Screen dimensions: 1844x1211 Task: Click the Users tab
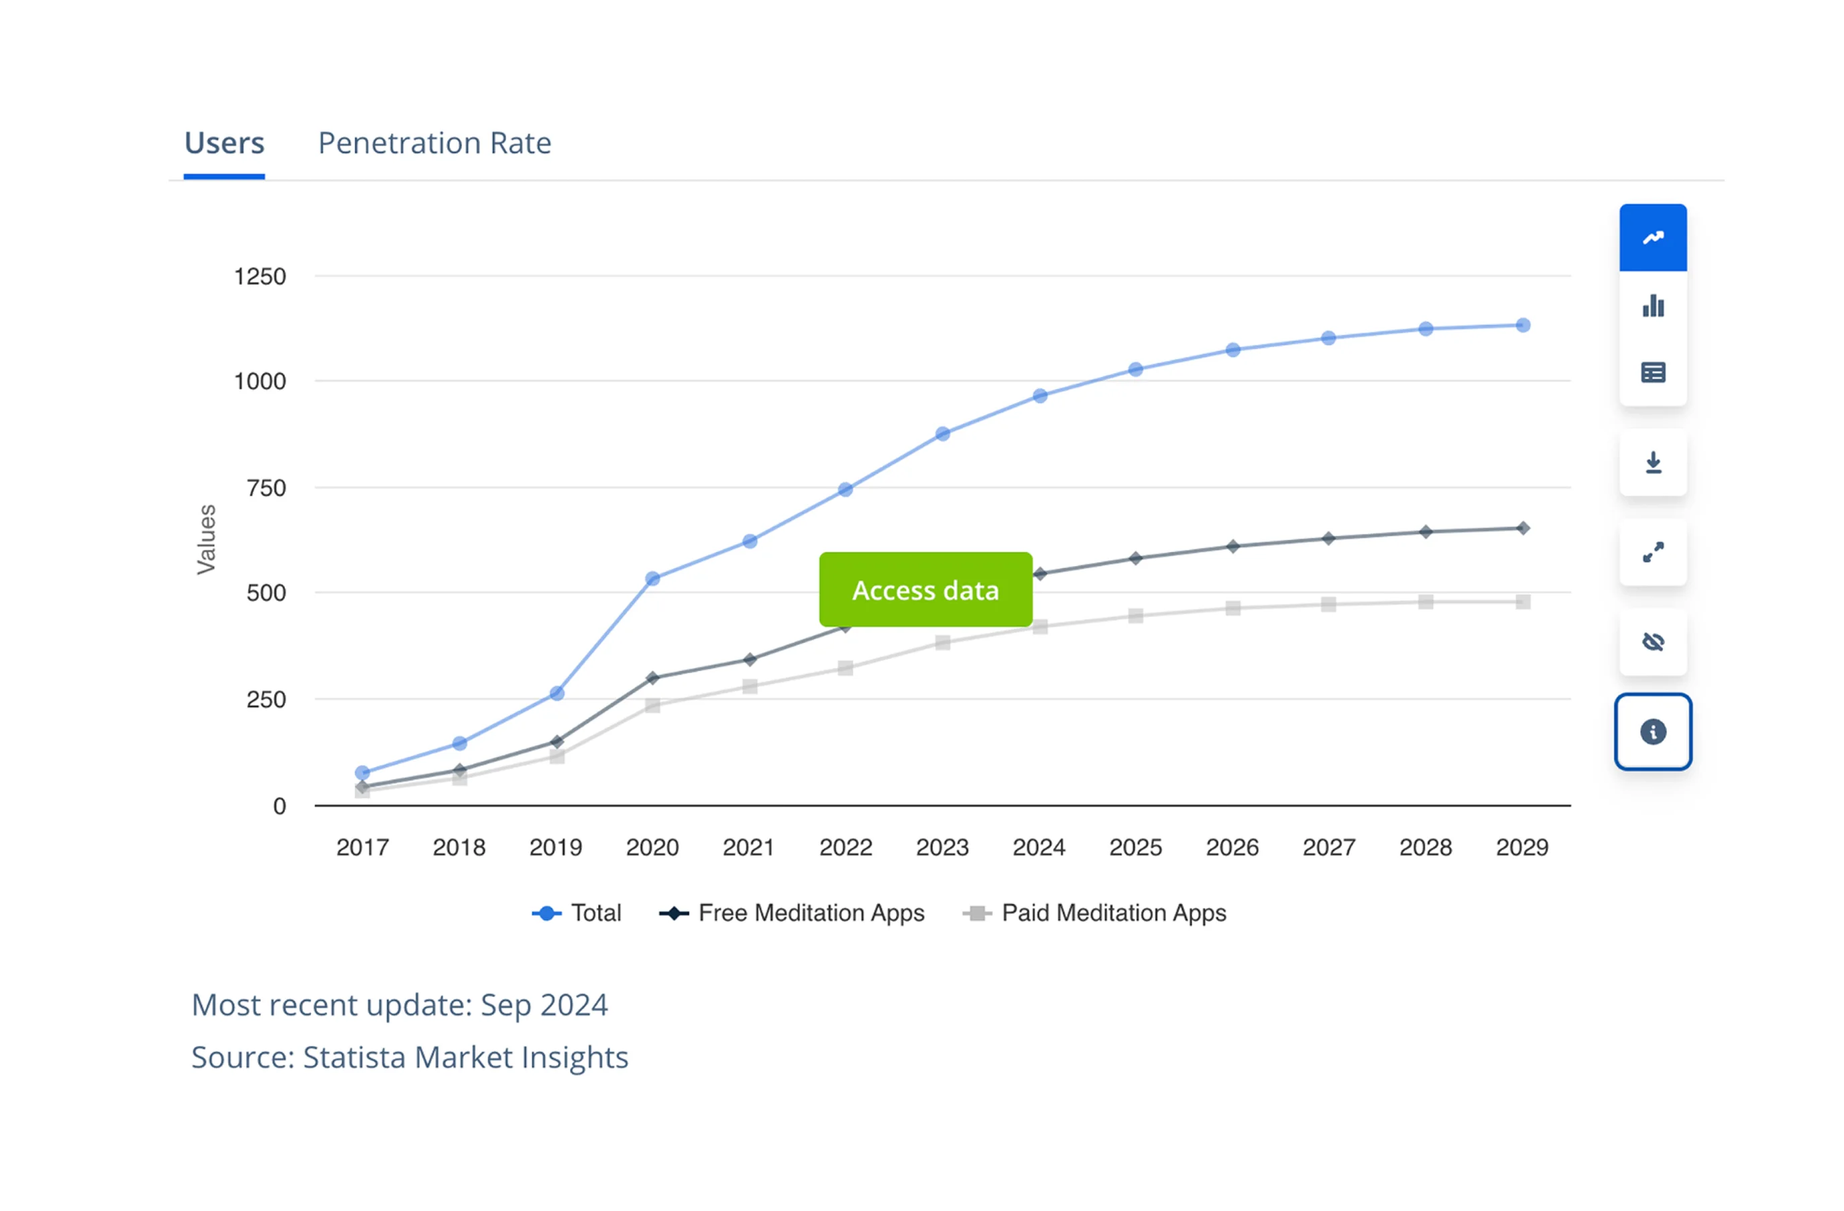tap(224, 143)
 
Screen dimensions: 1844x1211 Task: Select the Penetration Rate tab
tap(435, 143)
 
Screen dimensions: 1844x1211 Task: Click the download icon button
tap(1653, 463)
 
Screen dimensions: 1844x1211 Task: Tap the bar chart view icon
tap(1653, 306)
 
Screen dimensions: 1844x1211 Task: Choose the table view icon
tap(1653, 373)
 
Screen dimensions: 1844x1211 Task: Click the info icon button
tap(1653, 732)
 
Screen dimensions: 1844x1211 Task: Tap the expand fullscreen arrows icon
tap(1653, 553)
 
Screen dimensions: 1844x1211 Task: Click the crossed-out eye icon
tap(1653, 642)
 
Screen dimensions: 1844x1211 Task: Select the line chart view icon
tap(1653, 238)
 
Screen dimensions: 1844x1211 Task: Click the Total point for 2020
tap(652, 579)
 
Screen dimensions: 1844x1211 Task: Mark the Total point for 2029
tap(1522, 325)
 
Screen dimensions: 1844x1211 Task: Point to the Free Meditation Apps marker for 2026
tap(1232, 546)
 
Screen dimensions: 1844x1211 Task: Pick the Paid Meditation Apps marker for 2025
tap(1136, 616)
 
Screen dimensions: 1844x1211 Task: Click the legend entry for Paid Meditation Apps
tap(1094, 913)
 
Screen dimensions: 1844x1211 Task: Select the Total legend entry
tap(577, 913)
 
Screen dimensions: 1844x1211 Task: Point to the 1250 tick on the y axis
tap(260, 277)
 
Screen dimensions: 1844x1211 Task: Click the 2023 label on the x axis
tap(942, 847)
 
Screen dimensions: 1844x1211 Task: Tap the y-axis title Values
tap(206, 539)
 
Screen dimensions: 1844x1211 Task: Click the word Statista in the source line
tap(355, 1057)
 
